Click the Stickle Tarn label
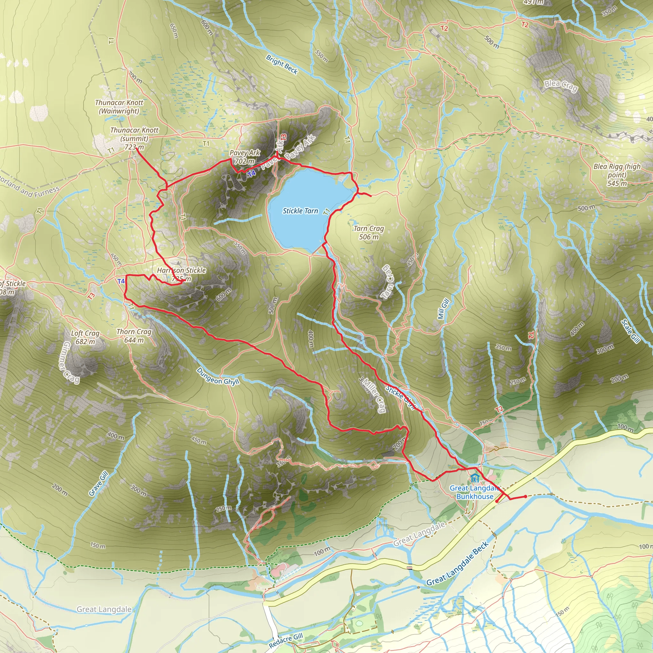300,211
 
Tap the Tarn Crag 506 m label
369,232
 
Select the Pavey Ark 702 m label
245,157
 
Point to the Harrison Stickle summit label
181,274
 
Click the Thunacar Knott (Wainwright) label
119,107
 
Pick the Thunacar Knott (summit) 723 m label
134,139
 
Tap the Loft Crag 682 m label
85,337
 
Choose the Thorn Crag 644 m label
134,336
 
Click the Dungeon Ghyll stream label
218,376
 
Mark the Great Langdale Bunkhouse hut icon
474,478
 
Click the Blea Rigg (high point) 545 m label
617,175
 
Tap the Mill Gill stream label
443,309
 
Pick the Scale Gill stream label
630,331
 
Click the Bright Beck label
282,64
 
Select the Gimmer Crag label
71,363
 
